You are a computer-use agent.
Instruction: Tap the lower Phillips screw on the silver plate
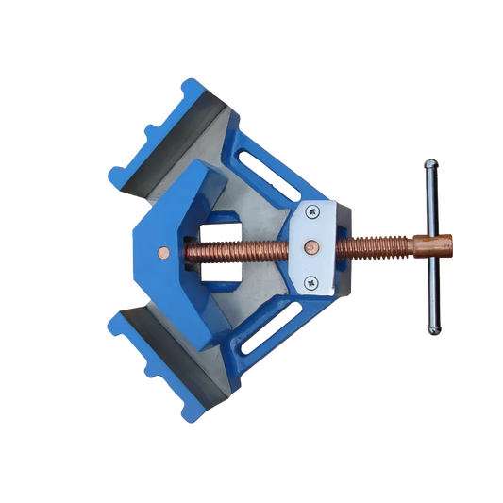click(311, 280)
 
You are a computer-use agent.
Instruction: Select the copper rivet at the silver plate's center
click(310, 247)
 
